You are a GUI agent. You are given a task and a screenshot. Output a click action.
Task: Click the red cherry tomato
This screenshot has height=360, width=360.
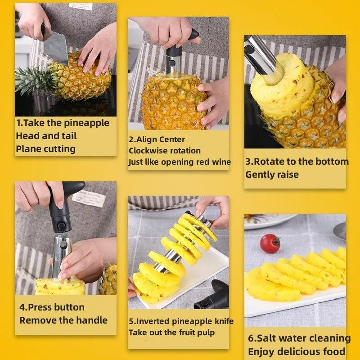270,243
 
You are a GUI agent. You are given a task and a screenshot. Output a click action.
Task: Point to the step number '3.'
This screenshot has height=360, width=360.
249,162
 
